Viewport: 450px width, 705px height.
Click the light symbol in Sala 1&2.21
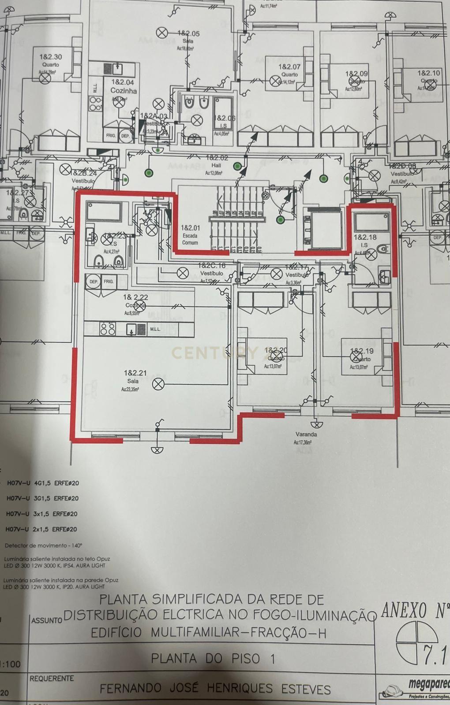click(x=158, y=384)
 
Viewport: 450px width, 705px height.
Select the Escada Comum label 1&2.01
click(x=191, y=235)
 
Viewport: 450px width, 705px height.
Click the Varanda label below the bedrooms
click(x=306, y=434)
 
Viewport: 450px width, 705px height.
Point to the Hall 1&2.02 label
click(x=217, y=161)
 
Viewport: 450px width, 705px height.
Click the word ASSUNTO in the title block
click(x=46, y=620)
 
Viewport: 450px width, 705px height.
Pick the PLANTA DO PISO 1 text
click(x=213, y=659)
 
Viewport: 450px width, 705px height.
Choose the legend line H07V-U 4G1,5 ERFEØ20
click(x=43, y=483)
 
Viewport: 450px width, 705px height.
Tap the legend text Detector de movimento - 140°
click(x=43, y=545)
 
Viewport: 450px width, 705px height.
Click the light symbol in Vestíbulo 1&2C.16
click(x=182, y=273)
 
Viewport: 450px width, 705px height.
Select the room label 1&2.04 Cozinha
click(x=123, y=86)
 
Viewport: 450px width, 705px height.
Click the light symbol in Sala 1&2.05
click(x=162, y=32)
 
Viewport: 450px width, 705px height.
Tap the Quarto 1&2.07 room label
click(x=289, y=70)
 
